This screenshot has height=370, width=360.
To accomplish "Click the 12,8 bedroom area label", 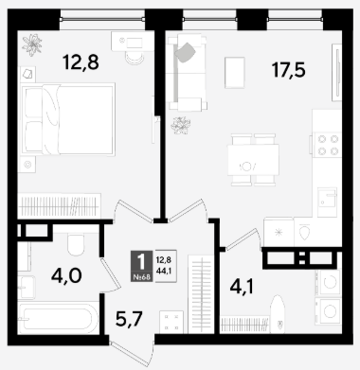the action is [x=81, y=62].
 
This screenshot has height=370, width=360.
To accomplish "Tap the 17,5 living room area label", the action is [x=289, y=70].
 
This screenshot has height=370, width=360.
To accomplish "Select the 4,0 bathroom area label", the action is [x=66, y=276].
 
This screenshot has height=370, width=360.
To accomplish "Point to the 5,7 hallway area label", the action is [x=129, y=319].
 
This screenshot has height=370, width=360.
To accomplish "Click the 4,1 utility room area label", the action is [x=242, y=287].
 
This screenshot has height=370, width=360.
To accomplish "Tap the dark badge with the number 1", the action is [x=141, y=266].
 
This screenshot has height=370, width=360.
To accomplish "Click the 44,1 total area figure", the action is [x=164, y=271].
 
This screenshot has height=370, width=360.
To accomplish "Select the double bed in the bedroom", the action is [x=67, y=119].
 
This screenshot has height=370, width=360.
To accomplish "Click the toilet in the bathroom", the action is [x=76, y=244].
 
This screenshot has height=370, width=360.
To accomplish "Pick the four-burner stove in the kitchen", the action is [x=327, y=145].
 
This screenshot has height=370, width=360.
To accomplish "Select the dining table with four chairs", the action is [x=253, y=160].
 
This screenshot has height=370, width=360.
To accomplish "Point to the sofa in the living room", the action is [x=187, y=73].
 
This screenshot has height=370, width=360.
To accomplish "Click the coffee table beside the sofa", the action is [x=235, y=73].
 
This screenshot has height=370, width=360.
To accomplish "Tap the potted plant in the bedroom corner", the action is [x=32, y=44].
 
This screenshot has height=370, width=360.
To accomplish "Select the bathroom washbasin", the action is [x=27, y=287].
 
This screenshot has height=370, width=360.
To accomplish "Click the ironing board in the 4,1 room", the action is [x=278, y=314].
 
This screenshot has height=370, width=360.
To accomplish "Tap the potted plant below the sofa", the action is [x=181, y=125].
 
